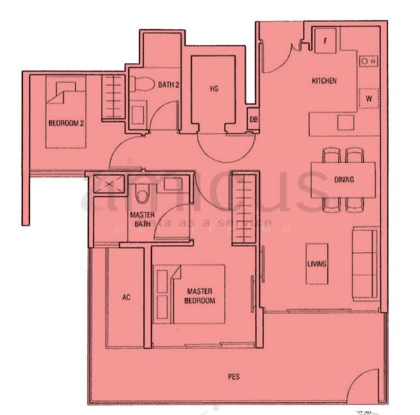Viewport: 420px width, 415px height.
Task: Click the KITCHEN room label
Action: [324, 81]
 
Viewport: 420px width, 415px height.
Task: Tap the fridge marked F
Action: [324, 40]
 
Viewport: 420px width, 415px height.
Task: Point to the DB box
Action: [254, 119]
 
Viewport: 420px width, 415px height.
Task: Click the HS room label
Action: [214, 89]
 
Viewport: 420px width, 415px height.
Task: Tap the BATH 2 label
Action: [169, 85]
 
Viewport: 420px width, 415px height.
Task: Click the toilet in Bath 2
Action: [140, 84]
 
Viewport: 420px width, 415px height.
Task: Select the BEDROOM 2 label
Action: [66, 124]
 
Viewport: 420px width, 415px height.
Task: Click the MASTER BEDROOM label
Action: [200, 296]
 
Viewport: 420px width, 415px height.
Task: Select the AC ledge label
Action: [126, 297]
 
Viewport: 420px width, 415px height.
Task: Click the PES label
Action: [234, 377]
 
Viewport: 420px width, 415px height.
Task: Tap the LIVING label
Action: [317, 264]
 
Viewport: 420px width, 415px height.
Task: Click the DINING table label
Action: [344, 180]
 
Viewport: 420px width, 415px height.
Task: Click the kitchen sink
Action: [367, 61]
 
